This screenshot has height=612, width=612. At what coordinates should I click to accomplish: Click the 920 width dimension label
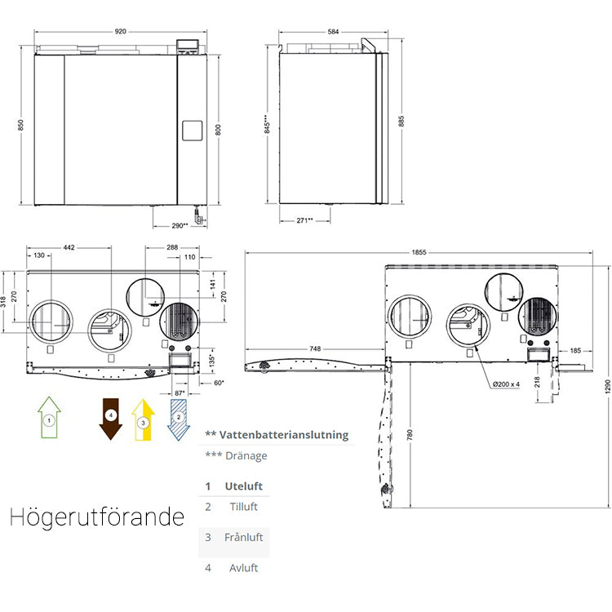tap(120, 32)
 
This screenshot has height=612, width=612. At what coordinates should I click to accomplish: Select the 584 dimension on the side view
tap(333, 32)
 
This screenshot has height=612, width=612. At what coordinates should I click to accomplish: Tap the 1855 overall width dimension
tap(419, 253)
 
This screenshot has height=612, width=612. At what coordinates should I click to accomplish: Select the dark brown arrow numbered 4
tap(111, 419)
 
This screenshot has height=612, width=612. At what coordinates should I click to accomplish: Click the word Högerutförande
tap(97, 517)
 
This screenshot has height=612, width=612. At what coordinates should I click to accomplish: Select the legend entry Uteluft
tap(243, 486)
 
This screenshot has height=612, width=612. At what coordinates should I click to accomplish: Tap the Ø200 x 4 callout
tap(508, 384)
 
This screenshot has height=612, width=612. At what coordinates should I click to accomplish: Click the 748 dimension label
tap(313, 349)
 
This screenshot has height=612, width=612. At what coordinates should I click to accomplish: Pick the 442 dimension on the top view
tap(69, 246)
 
